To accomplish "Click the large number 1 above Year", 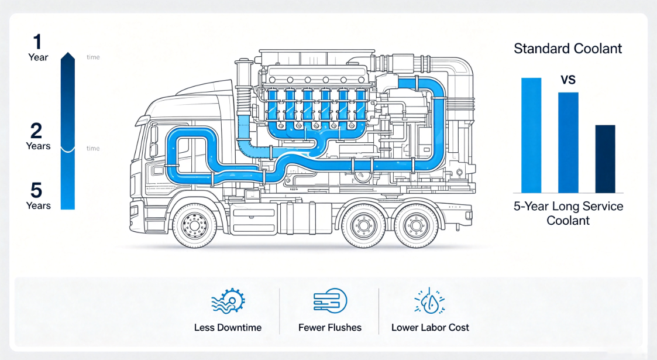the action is point(37,42).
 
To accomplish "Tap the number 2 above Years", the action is point(36,131).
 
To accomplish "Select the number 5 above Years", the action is point(36,190).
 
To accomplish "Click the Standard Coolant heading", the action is point(567,49).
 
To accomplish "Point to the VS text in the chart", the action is point(568,80).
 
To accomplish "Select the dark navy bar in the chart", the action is point(606,159).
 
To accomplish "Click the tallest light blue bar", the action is point(531,135).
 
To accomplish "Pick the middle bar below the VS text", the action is point(568,142).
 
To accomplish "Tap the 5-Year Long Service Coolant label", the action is point(568,213).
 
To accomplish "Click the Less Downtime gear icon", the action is point(228,300).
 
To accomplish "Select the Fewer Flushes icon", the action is point(330,300).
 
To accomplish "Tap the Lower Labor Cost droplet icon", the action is point(429,301).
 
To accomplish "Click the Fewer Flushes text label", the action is point(330,328).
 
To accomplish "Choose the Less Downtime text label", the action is point(228,328).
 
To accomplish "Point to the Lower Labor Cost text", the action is point(431,328).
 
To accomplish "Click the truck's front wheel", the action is point(194,225).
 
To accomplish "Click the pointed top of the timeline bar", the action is point(68,52).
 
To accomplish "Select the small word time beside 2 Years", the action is point(93,148).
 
